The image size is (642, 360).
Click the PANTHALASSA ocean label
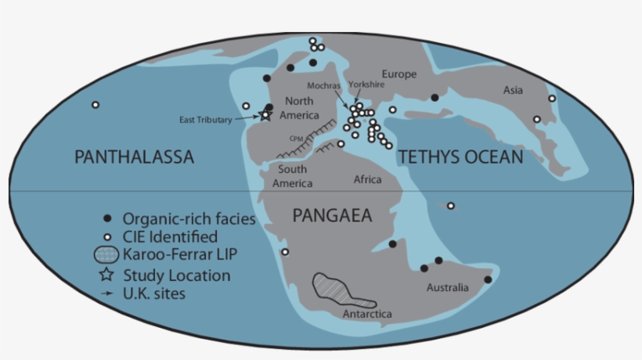click(x=133, y=158)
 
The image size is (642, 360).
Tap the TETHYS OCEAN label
click(x=460, y=158)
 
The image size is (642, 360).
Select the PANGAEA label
click(x=332, y=216)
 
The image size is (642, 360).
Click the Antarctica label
click(x=367, y=315)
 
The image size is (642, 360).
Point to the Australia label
click(x=447, y=288)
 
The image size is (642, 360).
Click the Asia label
click(x=513, y=90)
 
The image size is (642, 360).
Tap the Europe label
click(x=399, y=74)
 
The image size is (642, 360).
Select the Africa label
click(x=367, y=180)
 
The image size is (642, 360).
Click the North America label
click(x=299, y=107)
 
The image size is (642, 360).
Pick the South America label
click(x=292, y=176)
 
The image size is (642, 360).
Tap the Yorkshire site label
click(x=366, y=82)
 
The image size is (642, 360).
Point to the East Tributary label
click(x=205, y=120)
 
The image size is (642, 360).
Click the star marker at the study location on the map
click(x=265, y=114)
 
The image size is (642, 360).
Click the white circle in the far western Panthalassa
click(x=96, y=105)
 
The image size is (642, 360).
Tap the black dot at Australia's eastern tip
click(x=488, y=279)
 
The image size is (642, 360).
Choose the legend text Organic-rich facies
click(x=189, y=219)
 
